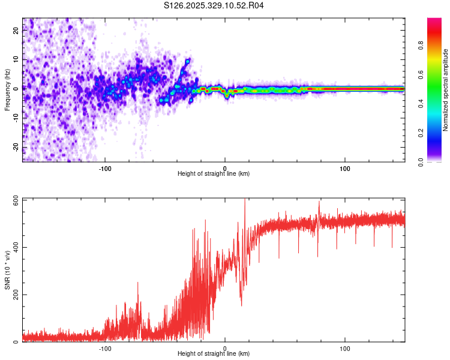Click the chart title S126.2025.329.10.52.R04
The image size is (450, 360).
[x=214, y=6]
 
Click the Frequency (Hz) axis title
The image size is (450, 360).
[x=8, y=89]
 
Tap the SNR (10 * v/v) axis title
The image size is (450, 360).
[x=8, y=270]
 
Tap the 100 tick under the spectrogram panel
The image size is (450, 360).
[x=345, y=169]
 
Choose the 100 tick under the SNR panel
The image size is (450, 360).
[x=345, y=349]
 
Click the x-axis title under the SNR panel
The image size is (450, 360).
[x=214, y=354]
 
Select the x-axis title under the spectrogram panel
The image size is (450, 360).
[x=214, y=174]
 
